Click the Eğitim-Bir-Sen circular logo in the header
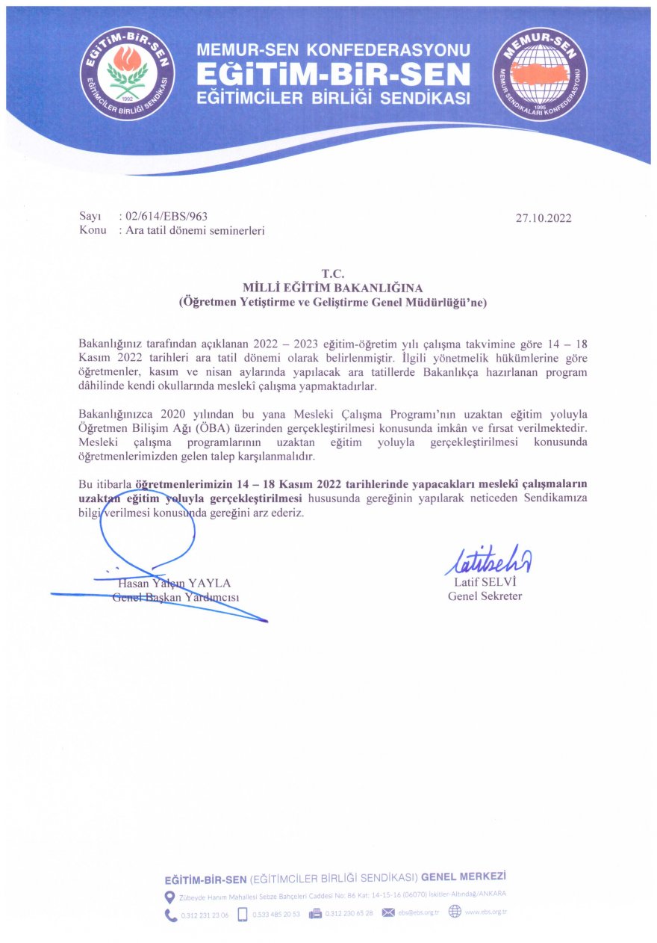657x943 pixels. [128, 72]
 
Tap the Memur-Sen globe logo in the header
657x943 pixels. [540, 73]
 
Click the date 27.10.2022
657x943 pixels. [543, 218]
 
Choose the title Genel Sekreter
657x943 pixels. [485, 596]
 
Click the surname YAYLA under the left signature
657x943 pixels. [211, 582]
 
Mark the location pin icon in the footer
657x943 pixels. [169, 895]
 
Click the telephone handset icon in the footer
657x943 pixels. [171, 913]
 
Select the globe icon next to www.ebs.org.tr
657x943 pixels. [455, 912]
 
